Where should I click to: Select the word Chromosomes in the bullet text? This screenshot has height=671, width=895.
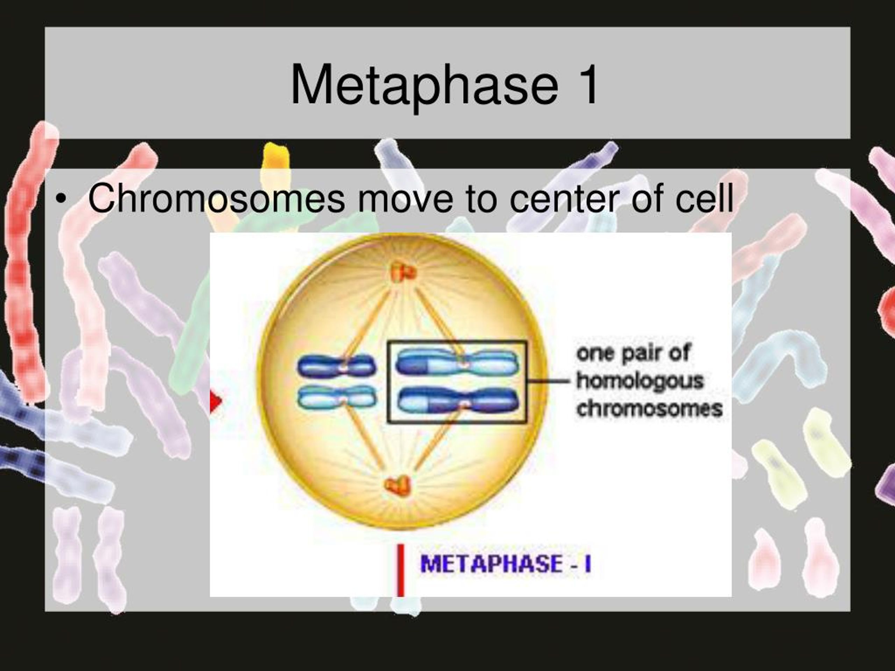[x=216, y=198]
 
